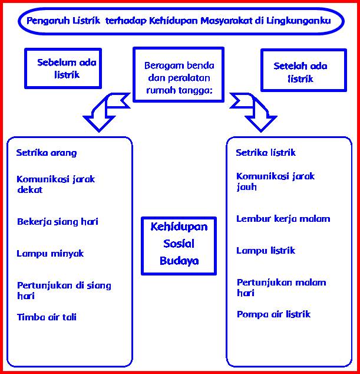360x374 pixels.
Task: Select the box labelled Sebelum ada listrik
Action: click(x=63, y=68)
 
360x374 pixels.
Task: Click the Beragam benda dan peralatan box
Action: click(x=179, y=74)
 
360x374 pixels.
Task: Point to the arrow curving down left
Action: click(x=104, y=111)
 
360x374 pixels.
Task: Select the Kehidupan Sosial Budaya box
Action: click(x=179, y=245)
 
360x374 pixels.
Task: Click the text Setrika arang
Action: click(x=47, y=153)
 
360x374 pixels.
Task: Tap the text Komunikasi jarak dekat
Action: click(x=56, y=184)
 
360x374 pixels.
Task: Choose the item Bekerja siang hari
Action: click(x=57, y=222)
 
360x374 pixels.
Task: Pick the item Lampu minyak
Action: click(x=50, y=254)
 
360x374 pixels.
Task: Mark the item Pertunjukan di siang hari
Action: click(x=64, y=290)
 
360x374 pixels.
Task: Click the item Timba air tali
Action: click(x=47, y=317)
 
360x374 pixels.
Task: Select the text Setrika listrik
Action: click(x=266, y=153)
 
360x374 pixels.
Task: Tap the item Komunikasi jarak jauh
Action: click(x=275, y=181)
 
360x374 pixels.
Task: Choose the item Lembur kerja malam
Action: click(x=283, y=219)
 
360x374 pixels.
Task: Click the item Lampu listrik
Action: click(x=266, y=251)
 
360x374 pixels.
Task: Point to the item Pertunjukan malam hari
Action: click(x=281, y=287)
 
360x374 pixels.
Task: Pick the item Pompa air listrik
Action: click(x=273, y=314)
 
